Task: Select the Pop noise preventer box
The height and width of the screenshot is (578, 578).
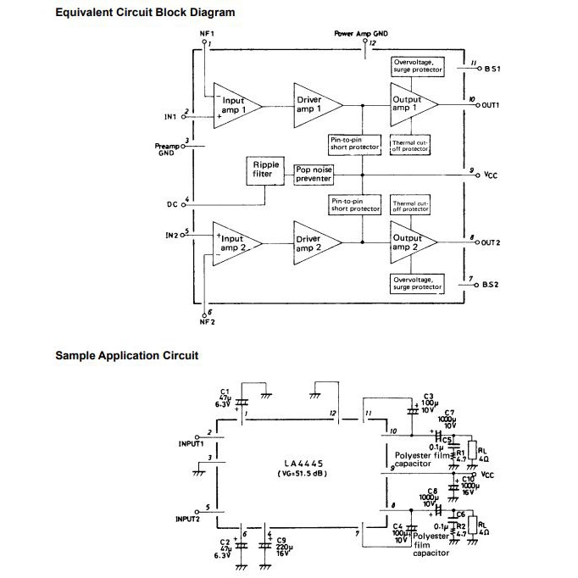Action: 314,174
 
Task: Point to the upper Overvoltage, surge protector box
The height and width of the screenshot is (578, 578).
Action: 417,65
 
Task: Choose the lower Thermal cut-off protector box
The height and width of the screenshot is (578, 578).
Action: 411,206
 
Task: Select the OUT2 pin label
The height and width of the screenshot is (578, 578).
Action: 491,243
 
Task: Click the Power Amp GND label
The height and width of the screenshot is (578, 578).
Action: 362,34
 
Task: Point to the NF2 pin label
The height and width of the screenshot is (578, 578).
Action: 207,322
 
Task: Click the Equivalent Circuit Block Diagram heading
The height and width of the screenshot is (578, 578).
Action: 145,13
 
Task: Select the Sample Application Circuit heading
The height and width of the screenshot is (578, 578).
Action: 126,355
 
